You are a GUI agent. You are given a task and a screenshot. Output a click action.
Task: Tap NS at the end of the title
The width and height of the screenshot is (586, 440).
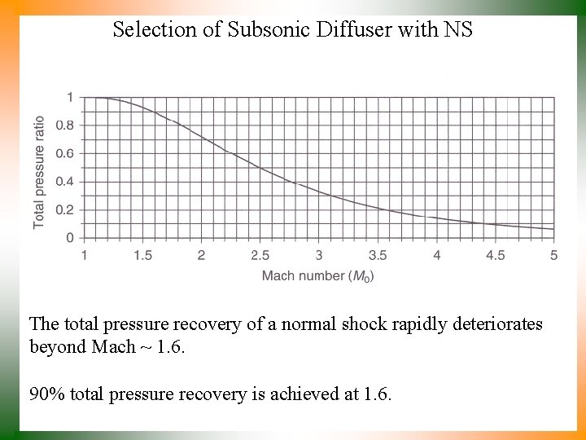click(457, 30)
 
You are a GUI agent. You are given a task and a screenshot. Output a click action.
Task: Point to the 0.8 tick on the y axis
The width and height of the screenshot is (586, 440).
click(65, 125)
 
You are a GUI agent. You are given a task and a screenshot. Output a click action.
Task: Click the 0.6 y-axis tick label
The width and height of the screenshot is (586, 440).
click(65, 153)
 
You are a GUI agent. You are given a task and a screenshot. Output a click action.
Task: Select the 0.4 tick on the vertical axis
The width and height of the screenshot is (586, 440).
click(65, 182)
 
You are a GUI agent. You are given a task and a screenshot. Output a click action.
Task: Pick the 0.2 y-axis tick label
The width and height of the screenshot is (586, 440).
click(65, 209)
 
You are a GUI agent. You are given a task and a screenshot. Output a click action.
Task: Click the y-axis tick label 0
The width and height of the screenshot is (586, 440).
click(70, 238)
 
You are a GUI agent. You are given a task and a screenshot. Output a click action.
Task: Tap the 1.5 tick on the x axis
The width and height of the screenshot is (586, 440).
click(142, 255)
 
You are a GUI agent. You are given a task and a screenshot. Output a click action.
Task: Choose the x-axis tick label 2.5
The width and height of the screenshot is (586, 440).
click(260, 255)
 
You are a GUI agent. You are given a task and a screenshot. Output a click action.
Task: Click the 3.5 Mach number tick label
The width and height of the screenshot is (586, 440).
click(378, 255)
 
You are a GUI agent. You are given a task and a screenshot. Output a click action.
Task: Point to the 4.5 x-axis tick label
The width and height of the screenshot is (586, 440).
click(495, 255)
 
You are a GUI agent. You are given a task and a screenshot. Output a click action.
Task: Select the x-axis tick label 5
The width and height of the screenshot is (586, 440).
click(553, 255)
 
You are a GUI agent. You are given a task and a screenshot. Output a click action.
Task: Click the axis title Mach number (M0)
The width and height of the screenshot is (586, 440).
click(318, 276)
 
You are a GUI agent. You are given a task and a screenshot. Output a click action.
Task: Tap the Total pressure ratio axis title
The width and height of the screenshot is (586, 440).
click(39, 172)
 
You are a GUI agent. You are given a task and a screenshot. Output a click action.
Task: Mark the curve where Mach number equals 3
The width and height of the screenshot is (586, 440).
click(319, 192)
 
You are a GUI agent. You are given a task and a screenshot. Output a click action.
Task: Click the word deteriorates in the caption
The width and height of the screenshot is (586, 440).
click(495, 324)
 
